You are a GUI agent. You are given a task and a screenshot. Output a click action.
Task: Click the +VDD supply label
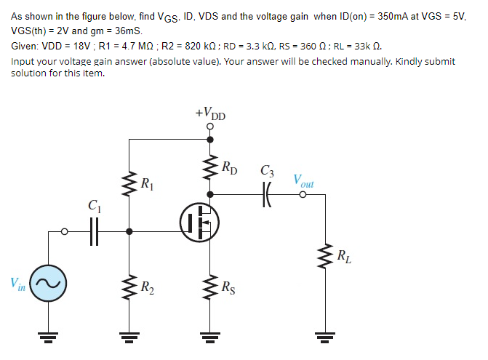pyautogui.click(x=211, y=114)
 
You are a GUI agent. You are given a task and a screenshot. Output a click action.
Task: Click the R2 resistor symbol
pyautogui.click(x=129, y=286)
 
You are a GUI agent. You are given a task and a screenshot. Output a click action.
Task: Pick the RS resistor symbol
pyautogui.click(x=211, y=286)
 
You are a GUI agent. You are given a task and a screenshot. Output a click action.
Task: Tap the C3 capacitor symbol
pyautogui.click(x=267, y=195)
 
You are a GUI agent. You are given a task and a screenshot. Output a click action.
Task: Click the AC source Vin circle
pyautogui.click(x=49, y=282)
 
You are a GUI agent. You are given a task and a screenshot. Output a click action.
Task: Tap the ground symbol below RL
pyautogui.click(x=325, y=336)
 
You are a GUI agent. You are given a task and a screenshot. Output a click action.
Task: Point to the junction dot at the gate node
pyautogui.click(x=129, y=232)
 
